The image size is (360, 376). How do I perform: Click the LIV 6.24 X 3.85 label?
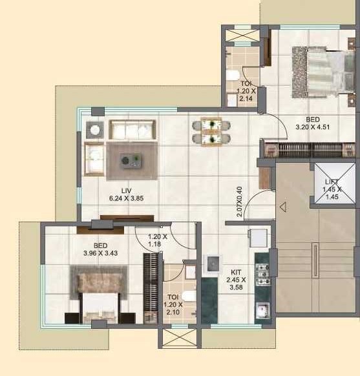click(x=127, y=194)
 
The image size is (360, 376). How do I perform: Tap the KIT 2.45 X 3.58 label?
click(x=236, y=280)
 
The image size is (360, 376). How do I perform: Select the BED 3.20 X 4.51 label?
click(x=313, y=123)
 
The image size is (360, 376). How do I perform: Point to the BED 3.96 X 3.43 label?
click(x=100, y=249)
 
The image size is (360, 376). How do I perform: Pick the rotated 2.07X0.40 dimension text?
click(x=239, y=202)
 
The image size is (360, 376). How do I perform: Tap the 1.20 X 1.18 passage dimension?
click(x=158, y=240)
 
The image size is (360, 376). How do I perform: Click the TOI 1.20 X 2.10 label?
click(x=173, y=304)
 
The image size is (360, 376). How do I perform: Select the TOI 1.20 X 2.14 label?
click(x=246, y=91)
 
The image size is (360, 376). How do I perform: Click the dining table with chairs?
click(x=211, y=132)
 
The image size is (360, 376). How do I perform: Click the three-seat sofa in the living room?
click(x=132, y=130)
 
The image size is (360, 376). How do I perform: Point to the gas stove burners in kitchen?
click(x=263, y=274)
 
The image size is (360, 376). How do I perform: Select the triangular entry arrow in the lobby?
click(x=283, y=207)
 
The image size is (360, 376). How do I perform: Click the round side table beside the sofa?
click(x=95, y=130)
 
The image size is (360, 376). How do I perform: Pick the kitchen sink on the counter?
click(x=262, y=309)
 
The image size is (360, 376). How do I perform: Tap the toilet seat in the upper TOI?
click(x=233, y=75)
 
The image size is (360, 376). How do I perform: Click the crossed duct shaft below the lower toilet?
click(x=180, y=338)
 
